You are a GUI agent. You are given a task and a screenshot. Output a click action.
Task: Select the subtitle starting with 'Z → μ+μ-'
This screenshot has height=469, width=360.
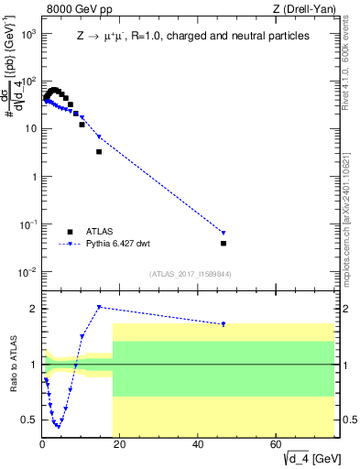[x=192, y=36]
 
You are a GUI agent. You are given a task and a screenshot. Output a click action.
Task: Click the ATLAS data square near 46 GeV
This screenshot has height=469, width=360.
[x=224, y=244]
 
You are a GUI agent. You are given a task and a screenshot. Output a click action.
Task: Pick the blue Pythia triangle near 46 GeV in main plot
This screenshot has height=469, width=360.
[x=224, y=233]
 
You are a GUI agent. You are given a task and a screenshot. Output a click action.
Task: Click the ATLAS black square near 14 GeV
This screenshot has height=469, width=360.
[x=99, y=151]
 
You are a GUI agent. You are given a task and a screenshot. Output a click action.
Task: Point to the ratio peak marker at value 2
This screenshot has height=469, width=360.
[x=99, y=308]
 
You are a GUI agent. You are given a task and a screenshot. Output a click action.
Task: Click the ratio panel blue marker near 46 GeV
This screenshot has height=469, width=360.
[x=224, y=324]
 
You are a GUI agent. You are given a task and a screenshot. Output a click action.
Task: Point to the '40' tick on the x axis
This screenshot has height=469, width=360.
[x=199, y=446]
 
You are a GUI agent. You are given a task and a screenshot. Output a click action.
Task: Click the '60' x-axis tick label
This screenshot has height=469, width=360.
[x=277, y=446]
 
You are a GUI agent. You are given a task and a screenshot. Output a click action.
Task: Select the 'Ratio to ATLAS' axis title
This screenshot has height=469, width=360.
[x=12, y=365]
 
